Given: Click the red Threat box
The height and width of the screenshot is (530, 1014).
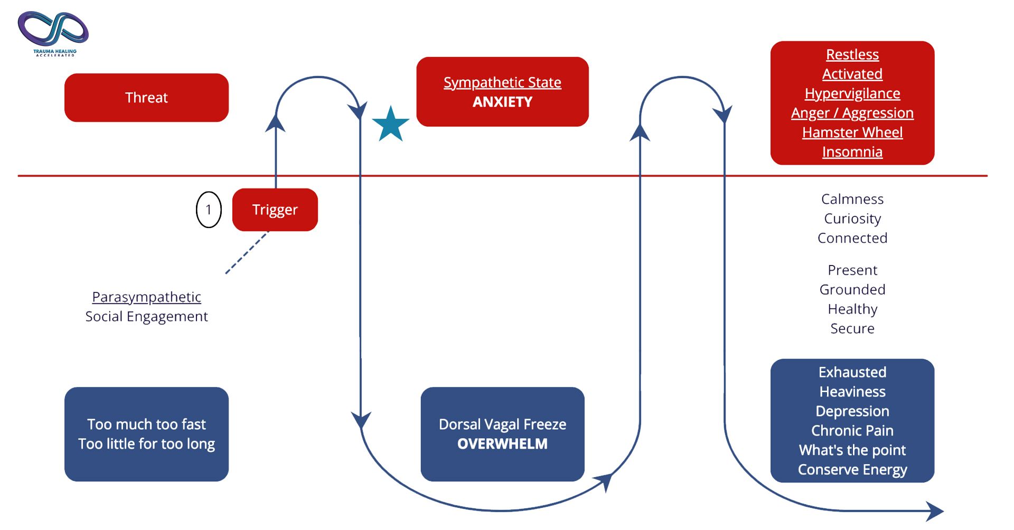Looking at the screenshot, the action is pos(146,98).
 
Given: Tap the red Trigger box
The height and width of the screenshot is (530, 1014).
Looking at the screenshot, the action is pos(275,210).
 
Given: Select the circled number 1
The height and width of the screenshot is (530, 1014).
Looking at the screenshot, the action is pos(209,210).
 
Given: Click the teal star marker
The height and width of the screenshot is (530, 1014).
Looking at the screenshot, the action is pos(391,125).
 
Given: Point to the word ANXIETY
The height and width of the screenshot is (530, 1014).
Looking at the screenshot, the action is pos(502,102).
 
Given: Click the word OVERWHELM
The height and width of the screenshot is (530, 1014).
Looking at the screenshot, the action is pos(502,444).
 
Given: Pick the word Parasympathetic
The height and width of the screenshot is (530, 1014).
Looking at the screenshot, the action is pos(146,297).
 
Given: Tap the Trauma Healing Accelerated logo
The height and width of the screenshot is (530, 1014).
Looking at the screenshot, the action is pos(53,33).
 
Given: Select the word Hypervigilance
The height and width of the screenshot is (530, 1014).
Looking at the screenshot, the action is pos(852,93).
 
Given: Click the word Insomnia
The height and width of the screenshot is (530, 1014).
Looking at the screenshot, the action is pos(852,152).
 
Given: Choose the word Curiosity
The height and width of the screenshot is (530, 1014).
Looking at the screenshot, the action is pos(852,219).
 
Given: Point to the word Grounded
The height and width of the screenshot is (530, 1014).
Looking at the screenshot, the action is pos(852,289).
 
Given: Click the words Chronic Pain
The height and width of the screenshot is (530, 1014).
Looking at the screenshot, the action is pos(852,431).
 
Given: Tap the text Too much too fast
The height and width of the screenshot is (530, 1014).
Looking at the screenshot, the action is pos(146,424).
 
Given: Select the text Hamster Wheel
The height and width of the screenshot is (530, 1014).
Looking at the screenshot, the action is pos(852,132).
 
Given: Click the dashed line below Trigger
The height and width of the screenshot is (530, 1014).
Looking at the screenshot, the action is pos(247,253).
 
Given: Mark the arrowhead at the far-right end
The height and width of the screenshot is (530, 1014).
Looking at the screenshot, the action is pos(935,511).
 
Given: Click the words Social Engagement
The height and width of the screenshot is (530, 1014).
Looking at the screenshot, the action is pos(146,317).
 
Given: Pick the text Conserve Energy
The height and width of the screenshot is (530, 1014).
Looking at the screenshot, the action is pos(852,470).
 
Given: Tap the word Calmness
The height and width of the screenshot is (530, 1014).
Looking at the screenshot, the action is pos(852,199).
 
